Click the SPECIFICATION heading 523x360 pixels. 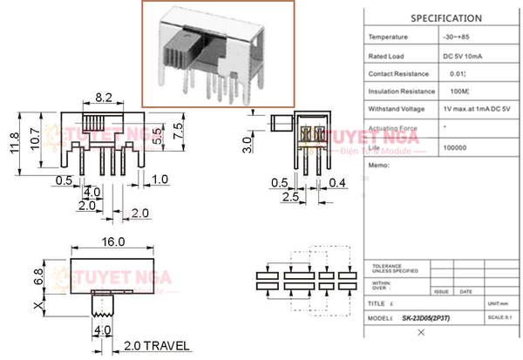coord(445,17)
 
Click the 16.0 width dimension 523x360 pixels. coord(113,242)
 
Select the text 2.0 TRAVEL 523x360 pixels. coord(156,346)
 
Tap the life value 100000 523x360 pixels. coord(455,147)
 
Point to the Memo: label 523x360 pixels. coord(379,164)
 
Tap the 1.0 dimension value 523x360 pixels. coord(160,180)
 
